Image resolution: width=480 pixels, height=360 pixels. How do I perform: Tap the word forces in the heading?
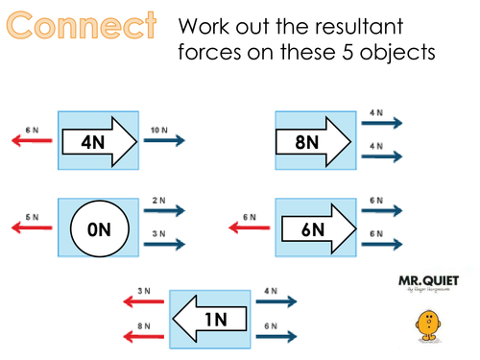pos(209,50)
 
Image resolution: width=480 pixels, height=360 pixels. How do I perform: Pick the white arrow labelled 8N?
pos(311,140)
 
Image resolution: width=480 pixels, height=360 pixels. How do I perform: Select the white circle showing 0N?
pos(97,229)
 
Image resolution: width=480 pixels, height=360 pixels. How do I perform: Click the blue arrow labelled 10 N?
pos(162,140)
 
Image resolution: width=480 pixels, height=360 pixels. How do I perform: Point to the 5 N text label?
pos(32,217)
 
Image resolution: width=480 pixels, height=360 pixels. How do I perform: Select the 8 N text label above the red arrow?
pos(142,325)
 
